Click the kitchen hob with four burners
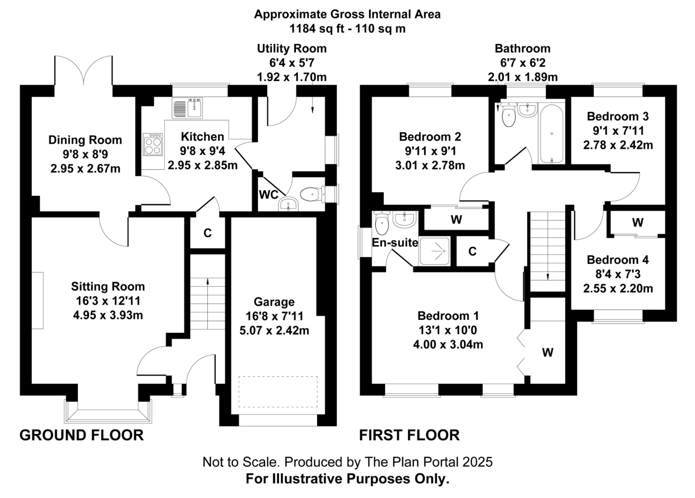coord(153,144)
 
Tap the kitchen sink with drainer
coord(187,108)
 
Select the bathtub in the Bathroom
coord(551,134)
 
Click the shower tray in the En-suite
coord(435,251)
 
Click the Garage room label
coord(274,301)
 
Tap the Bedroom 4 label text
coord(618,260)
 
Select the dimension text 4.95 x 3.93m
coord(108,315)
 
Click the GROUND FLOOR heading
coord(81,435)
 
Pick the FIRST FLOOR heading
coord(409,435)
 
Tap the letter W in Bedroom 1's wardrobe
coord(547,352)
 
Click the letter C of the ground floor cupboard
coord(207,233)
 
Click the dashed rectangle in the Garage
coord(278,391)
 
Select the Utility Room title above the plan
coord(292,49)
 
